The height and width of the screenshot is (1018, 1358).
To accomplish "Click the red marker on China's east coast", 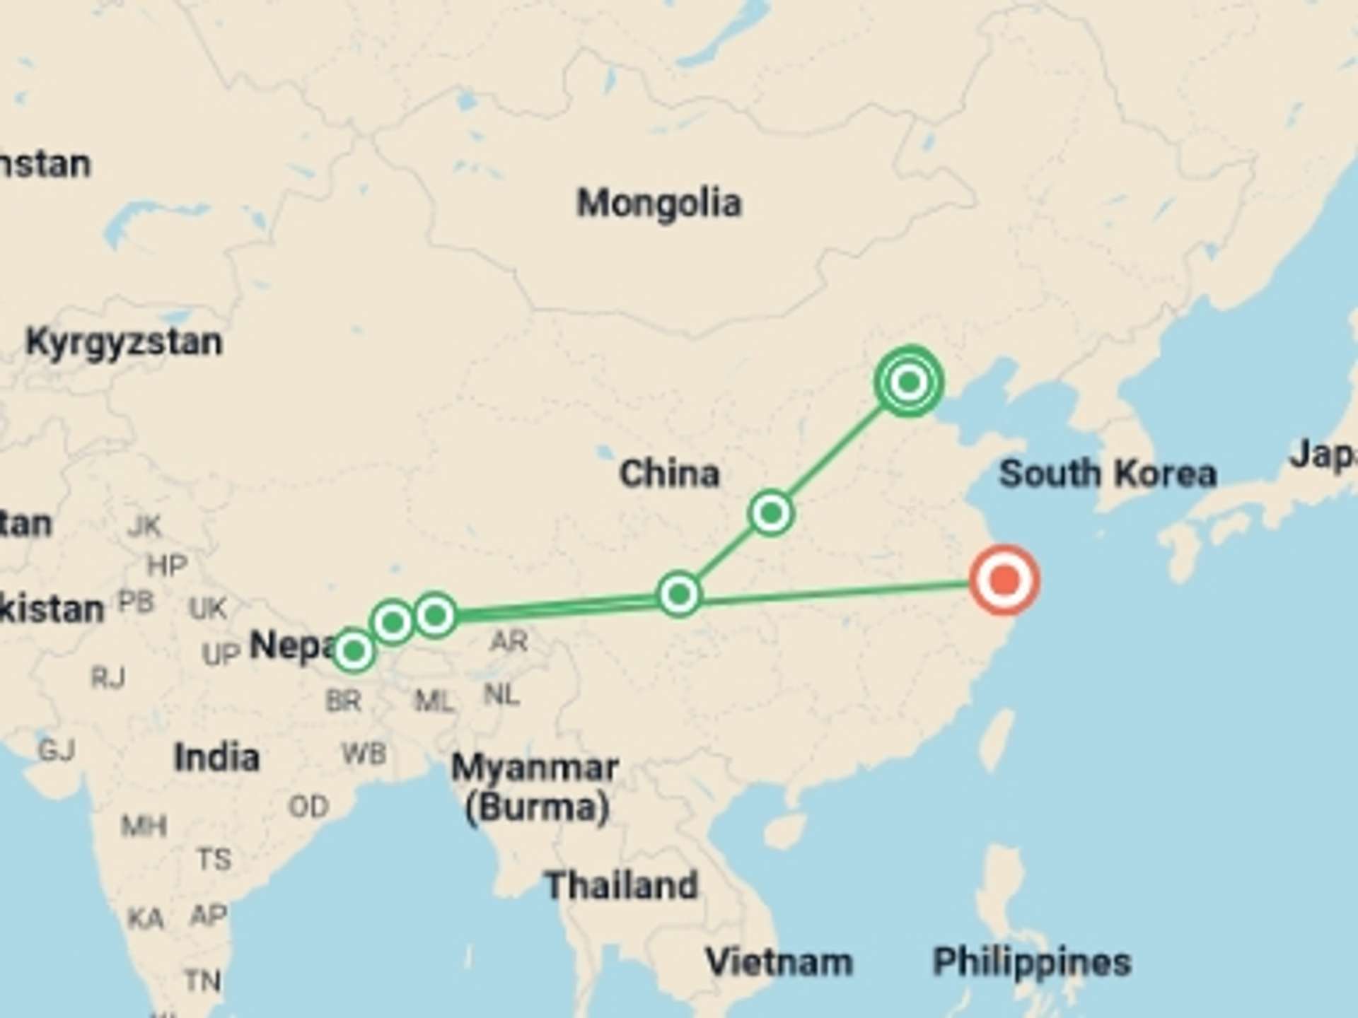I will click(1004, 580).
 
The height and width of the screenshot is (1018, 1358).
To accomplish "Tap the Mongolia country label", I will click(659, 204).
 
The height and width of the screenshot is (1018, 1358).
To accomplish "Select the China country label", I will click(669, 473).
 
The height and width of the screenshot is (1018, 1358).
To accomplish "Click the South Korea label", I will click(1108, 473).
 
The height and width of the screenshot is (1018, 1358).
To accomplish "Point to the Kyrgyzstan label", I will click(124, 342).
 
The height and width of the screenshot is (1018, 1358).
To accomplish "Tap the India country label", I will click(216, 757).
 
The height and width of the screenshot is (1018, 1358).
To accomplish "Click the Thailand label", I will click(622, 885).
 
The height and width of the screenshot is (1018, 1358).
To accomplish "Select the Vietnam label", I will click(779, 962).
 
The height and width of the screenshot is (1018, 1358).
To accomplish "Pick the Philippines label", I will click(1031, 962).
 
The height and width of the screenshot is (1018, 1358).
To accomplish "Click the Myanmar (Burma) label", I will click(535, 787).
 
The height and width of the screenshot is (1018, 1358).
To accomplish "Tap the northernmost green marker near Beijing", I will click(910, 382).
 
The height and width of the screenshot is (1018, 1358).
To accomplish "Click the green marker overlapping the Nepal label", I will click(354, 650).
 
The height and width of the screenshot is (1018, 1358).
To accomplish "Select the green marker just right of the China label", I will click(771, 513).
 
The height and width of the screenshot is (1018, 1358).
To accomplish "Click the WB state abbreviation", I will click(364, 754).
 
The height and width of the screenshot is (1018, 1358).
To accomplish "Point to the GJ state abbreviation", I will click(57, 749).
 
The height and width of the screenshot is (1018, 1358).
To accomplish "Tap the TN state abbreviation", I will click(203, 981).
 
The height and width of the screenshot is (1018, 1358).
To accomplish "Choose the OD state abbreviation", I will click(308, 806).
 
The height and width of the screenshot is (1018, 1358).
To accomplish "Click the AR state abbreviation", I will click(509, 641).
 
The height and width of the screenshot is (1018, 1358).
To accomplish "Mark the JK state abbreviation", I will click(145, 526).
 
